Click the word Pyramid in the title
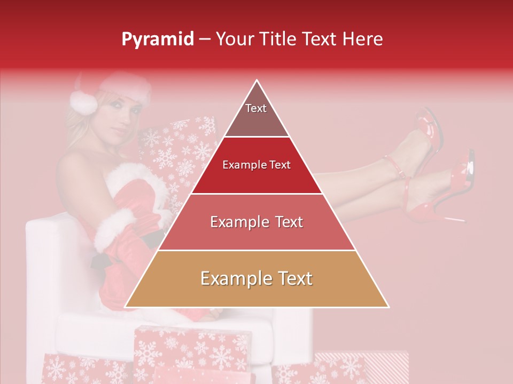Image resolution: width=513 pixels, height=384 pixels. pyautogui.click(x=158, y=39)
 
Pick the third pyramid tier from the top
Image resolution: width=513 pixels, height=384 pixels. pyautogui.click(x=256, y=222)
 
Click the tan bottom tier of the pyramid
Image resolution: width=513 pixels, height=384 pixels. pyautogui.click(x=256, y=279)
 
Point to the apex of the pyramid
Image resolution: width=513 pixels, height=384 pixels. pyautogui.click(x=257, y=82)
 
